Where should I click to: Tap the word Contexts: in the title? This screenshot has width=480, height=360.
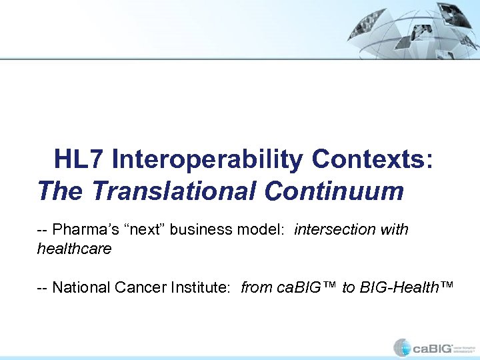(372, 160)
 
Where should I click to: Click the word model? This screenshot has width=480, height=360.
(261, 230)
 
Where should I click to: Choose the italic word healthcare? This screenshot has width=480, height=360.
(74, 249)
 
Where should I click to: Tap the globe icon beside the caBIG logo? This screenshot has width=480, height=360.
(402, 347)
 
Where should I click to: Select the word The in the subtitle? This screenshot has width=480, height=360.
(61, 191)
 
